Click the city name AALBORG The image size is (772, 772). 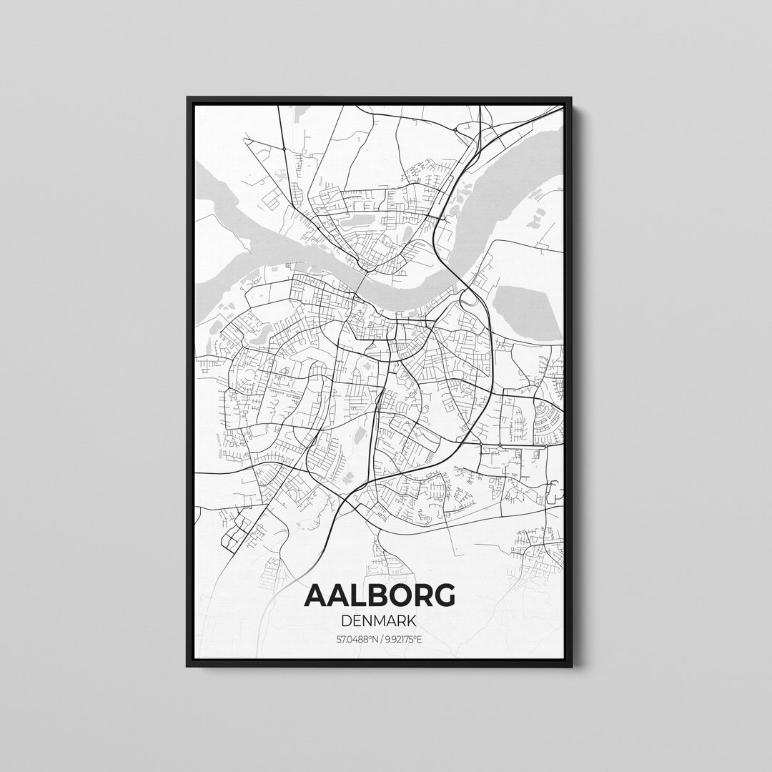(x=380, y=595)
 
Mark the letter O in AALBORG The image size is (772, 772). (x=397, y=595)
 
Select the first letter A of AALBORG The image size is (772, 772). (x=317, y=595)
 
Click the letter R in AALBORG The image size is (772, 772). (x=420, y=595)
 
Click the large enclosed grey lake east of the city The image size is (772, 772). (x=527, y=312)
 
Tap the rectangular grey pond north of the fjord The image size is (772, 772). (x=357, y=221)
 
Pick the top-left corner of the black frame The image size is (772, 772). (x=188, y=98)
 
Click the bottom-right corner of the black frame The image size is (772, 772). (x=571, y=665)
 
